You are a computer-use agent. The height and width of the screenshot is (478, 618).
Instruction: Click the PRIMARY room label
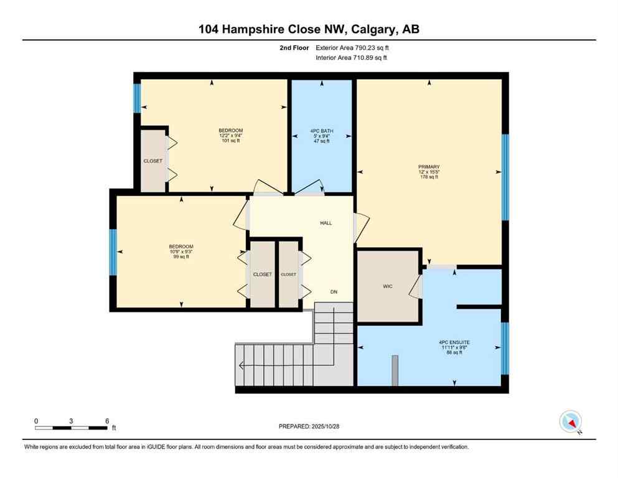[x=429, y=167]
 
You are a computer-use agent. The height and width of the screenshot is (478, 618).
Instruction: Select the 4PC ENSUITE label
[x=454, y=342]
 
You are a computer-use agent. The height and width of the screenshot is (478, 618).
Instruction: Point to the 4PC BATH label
[x=322, y=131]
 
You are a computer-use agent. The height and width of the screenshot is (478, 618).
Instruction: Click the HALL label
[x=326, y=222]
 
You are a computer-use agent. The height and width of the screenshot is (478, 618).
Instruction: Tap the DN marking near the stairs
[x=334, y=291]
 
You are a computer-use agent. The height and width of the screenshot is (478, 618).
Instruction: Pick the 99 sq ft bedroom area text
[x=181, y=256]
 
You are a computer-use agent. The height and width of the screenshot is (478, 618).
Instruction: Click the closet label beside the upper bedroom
[x=152, y=161]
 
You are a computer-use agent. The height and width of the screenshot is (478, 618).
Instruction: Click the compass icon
[x=570, y=422]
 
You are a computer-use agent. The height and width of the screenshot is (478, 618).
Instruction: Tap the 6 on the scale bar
[x=107, y=421]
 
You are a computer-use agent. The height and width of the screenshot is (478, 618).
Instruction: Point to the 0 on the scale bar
[x=36, y=421]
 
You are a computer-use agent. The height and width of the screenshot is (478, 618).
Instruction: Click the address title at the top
[x=309, y=29]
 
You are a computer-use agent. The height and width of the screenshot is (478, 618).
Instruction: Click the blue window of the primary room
[x=505, y=177]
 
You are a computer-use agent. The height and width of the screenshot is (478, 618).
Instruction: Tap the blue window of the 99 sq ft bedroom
[x=113, y=253]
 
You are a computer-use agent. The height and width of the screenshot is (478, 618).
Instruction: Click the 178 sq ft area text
[x=429, y=177]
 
